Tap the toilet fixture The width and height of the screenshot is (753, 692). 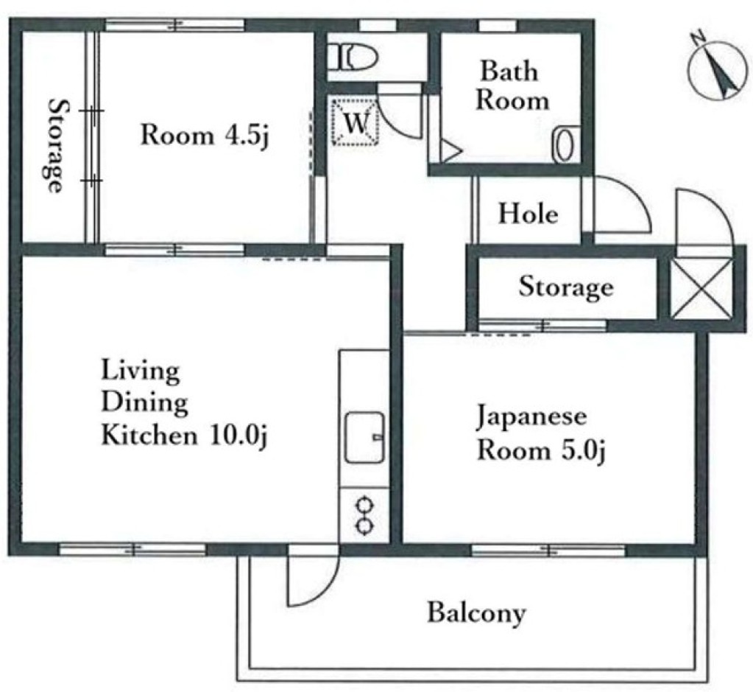358,57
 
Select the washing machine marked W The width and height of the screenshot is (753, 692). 356,121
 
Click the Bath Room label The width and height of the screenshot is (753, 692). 512,85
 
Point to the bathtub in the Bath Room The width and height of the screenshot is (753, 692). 564,144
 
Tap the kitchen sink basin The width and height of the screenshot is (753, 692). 365,437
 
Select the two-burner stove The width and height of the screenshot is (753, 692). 364,516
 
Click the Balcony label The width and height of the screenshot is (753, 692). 476,613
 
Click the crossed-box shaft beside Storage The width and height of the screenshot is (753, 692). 701,288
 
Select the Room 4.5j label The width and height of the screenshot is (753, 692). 204,135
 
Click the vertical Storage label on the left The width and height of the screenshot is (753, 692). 56,145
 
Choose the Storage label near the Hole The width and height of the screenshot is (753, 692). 566,287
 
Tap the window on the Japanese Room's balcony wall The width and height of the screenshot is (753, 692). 548,550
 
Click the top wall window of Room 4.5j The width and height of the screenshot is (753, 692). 174,24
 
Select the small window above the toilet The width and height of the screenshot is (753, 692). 378,25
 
